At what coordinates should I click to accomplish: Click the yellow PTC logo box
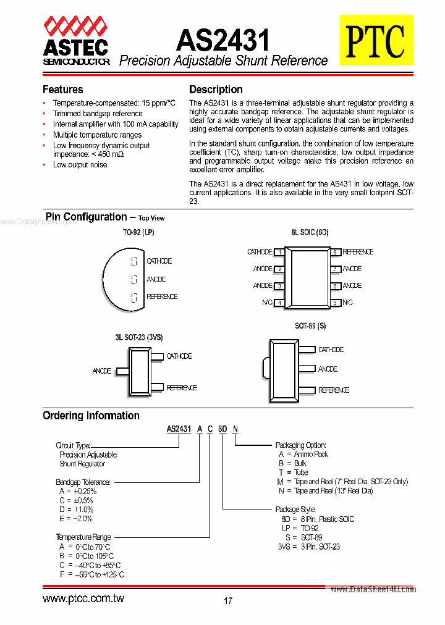375,41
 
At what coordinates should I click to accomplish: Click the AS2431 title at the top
223,40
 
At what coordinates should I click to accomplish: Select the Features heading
62,90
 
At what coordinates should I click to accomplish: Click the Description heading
216,90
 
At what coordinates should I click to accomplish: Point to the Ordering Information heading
91,416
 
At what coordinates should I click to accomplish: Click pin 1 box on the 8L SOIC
279,252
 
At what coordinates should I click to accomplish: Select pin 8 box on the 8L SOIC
334,252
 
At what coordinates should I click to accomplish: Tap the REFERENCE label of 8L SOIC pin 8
358,252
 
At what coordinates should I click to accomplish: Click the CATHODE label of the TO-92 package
159,261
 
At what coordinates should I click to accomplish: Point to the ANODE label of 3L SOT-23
102,371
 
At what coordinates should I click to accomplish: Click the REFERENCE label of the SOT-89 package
334,390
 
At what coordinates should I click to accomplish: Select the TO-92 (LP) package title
138,232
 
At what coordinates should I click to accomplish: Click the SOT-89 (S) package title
310,326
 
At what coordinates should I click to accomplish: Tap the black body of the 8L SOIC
307,277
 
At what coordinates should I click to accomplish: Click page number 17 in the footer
228,600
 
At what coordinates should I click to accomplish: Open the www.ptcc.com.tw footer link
83,599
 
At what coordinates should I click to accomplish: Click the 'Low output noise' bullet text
80,165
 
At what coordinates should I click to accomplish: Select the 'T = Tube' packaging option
293,472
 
